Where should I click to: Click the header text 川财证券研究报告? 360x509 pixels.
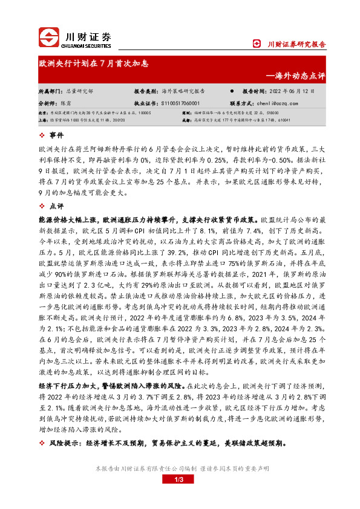296,44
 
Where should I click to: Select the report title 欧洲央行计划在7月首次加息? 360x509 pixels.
94,63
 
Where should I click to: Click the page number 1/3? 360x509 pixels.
179,479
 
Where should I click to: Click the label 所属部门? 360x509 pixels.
50,91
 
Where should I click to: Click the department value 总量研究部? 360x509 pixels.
79,91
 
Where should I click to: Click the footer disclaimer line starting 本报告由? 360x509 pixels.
180,468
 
